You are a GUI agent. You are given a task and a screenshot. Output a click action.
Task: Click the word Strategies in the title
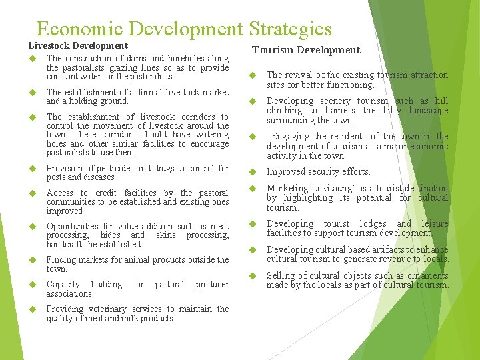pyautogui.click(x=290, y=29)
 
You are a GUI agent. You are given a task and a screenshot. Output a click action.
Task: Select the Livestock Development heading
pyautogui.click(x=78, y=45)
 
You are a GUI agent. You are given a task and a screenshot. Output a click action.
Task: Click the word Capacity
pyautogui.click(x=63, y=284)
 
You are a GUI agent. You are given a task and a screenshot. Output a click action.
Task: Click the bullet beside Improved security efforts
pyautogui.click(x=253, y=172)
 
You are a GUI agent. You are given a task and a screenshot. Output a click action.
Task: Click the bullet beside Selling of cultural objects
pyautogui.click(x=253, y=276)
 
